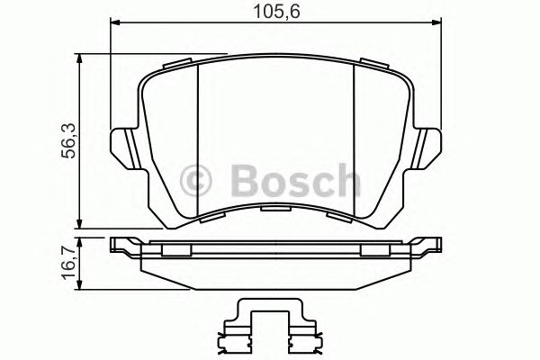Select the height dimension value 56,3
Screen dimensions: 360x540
tap(64, 144)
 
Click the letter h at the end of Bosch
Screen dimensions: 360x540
tap(343, 182)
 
